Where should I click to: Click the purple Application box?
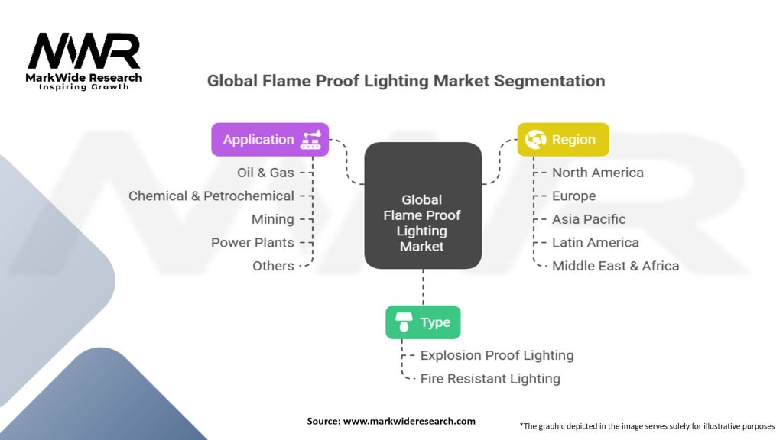[x=270, y=140]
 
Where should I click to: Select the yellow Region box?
[x=563, y=140]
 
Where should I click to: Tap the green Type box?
[x=423, y=322]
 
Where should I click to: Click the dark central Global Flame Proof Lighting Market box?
[x=422, y=206]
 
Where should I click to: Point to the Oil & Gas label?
[x=265, y=173]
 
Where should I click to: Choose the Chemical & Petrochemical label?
[x=211, y=196]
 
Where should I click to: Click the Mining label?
[x=272, y=219]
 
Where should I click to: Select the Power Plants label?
[x=252, y=243]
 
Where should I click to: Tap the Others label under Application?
[x=273, y=266]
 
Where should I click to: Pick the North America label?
[x=597, y=173]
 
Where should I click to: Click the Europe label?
[x=573, y=196]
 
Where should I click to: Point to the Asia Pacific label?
[x=589, y=219]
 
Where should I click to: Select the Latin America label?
[x=595, y=243]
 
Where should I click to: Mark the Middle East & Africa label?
[x=615, y=266]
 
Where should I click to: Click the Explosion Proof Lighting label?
[x=496, y=355]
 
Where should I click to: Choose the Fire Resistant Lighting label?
[x=489, y=379]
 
